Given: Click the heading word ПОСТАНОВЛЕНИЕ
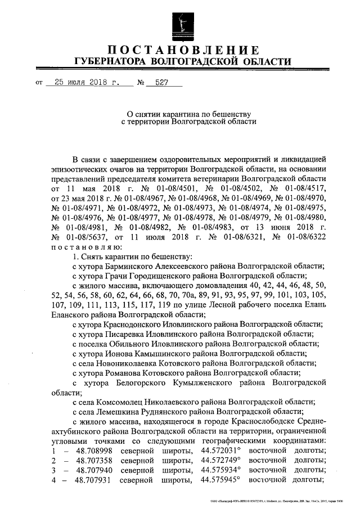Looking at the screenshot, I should [x=183, y=49].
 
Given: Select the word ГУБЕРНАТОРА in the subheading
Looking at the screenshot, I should [x=111, y=61].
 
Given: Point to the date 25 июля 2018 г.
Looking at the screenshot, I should [x=83, y=82].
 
